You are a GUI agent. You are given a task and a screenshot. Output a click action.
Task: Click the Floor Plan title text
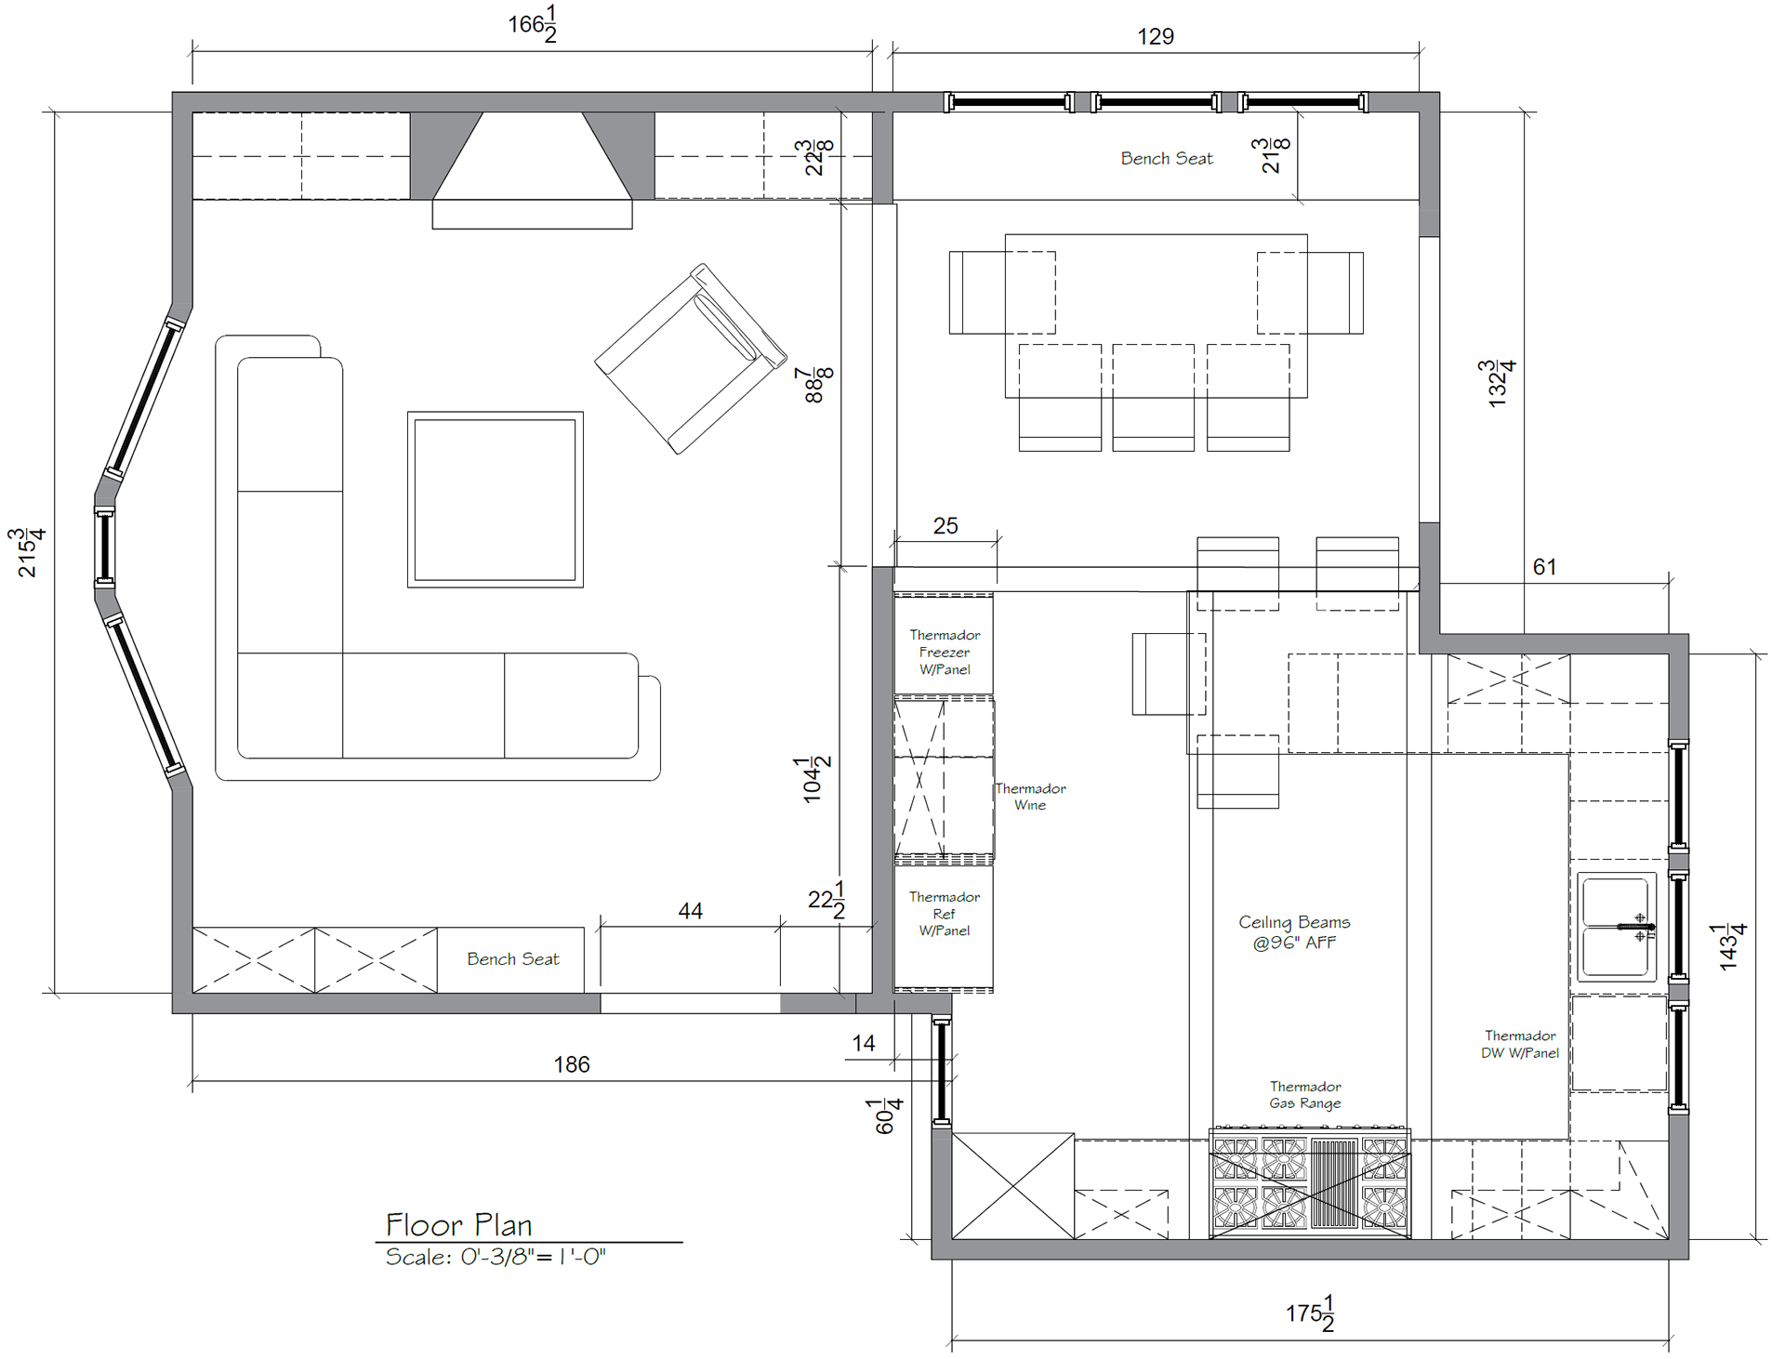(458, 1224)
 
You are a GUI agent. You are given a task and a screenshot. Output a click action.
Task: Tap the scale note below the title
(496, 1258)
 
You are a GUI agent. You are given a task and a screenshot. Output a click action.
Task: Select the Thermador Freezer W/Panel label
(945, 652)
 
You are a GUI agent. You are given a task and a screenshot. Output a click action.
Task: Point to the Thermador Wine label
(1030, 797)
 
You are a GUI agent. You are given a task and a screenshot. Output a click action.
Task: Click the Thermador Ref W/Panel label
(944, 914)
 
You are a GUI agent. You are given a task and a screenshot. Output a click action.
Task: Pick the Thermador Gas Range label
(1305, 1095)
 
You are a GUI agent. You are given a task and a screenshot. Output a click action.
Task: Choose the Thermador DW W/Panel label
(1520, 1044)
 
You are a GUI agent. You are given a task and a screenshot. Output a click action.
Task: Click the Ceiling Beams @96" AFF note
(1294, 931)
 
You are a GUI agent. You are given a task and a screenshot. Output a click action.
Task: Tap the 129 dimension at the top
(1156, 36)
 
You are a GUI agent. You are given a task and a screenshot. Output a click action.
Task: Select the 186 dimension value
(572, 1064)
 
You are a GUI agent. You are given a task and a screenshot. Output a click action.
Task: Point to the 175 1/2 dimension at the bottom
(1311, 1313)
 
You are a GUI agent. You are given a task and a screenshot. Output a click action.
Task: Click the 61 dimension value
(1544, 567)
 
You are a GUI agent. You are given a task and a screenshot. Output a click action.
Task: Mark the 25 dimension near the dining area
(945, 526)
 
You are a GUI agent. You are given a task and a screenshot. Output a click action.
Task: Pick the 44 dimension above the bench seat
(690, 911)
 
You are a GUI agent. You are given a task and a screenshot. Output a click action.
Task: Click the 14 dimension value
(864, 1043)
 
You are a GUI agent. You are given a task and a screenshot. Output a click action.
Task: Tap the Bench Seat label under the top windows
(1167, 159)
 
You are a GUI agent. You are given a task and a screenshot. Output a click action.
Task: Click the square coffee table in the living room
(496, 500)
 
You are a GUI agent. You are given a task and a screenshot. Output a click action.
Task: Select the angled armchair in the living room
(691, 359)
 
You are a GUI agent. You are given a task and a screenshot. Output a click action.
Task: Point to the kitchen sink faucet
(1636, 927)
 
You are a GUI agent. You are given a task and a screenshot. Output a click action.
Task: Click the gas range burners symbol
(1310, 1183)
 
